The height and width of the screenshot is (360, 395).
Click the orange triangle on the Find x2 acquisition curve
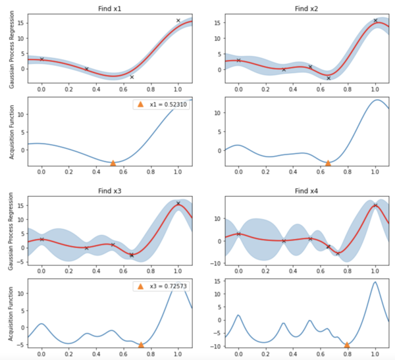329,163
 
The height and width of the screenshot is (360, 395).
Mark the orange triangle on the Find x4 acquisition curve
347,344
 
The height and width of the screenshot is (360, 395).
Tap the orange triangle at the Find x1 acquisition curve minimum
113,163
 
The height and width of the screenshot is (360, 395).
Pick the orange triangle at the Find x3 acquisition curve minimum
141,344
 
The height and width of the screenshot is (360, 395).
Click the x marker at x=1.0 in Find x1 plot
178,20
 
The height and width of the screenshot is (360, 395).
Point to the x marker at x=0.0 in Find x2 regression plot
238,60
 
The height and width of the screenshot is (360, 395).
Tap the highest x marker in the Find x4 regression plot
375,205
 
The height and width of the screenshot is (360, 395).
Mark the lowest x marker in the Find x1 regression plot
132,77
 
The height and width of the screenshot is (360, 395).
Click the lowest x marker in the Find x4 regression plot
338,253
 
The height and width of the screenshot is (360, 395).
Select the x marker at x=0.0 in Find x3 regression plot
41,239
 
